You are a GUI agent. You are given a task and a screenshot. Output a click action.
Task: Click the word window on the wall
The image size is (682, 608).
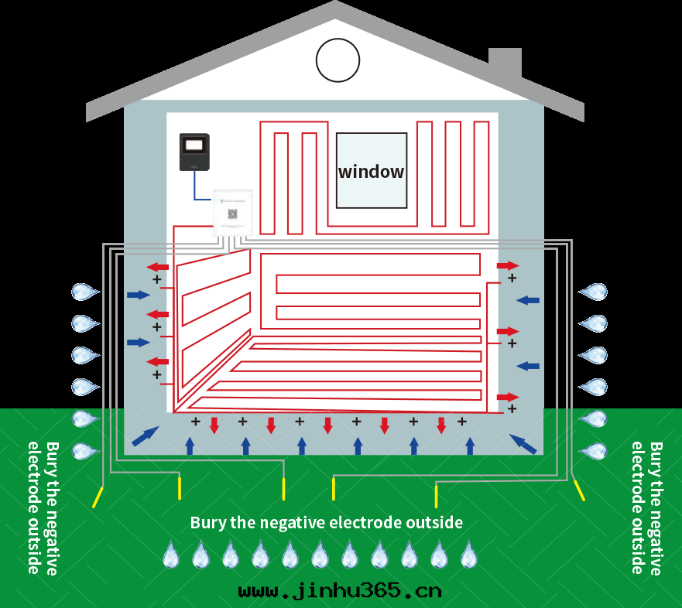click(x=371, y=172)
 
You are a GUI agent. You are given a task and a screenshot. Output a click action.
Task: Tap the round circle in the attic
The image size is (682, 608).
click(x=338, y=60)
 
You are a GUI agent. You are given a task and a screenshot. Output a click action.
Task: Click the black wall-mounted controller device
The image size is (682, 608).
click(x=194, y=152)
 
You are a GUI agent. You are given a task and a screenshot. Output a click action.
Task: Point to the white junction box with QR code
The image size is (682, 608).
click(x=232, y=213)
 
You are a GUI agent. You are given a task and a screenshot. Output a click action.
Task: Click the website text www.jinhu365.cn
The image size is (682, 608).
click(x=340, y=592)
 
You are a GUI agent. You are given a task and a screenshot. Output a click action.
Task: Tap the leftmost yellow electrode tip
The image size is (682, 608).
click(x=98, y=497)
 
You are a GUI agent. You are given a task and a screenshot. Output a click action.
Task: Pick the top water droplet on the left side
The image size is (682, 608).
click(x=84, y=292)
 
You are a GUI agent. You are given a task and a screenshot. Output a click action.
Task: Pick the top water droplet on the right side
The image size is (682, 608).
click(x=594, y=292)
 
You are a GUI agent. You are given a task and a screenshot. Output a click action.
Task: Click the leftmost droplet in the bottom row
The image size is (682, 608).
click(x=170, y=555)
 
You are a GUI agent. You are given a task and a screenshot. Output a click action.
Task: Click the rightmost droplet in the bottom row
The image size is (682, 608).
click(x=468, y=555)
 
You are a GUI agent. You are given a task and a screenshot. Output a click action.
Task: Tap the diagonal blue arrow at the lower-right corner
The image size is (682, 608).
click(x=523, y=443)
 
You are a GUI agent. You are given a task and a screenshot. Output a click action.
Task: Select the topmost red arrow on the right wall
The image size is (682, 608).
click(x=508, y=265)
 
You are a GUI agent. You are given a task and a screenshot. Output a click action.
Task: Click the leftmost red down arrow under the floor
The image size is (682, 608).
click(x=214, y=425)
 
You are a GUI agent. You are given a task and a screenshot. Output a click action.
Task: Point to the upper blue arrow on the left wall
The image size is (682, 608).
click(x=139, y=295)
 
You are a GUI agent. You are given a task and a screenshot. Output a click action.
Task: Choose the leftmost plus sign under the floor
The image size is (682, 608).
click(x=196, y=422)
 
